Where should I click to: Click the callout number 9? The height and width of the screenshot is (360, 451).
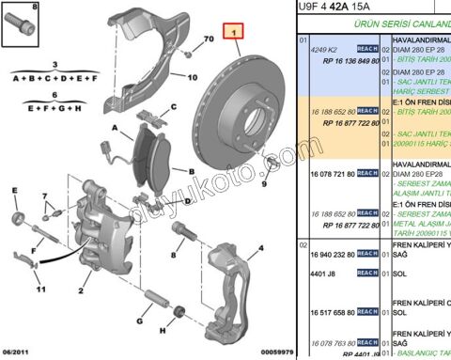coord(265,184)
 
